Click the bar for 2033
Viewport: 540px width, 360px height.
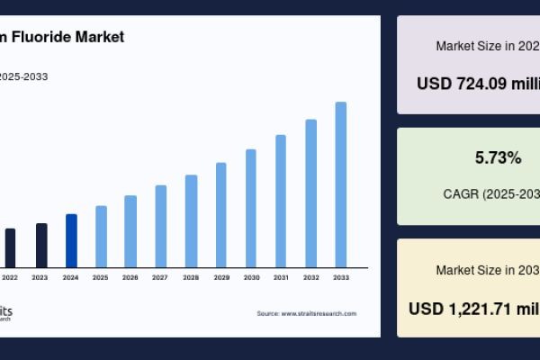(x=341, y=184)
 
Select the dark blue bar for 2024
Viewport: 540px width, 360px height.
(x=71, y=240)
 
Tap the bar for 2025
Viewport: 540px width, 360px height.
(x=101, y=236)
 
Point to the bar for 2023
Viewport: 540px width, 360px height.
(x=41, y=245)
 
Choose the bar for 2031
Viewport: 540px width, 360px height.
(x=281, y=201)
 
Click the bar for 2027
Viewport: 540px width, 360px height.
(x=161, y=226)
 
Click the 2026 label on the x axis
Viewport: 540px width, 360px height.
(x=130, y=277)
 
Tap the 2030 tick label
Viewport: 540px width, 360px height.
(x=251, y=277)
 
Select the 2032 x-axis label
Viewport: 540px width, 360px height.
(x=311, y=277)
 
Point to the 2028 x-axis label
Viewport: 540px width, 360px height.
(x=191, y=277)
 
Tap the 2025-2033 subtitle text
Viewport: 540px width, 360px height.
(x=24, y=76)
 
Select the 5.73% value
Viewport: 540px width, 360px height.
(x=498, y=158)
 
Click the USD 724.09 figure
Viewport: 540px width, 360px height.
(x=478, y=84)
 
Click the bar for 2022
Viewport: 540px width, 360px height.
(x=11, y=247)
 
